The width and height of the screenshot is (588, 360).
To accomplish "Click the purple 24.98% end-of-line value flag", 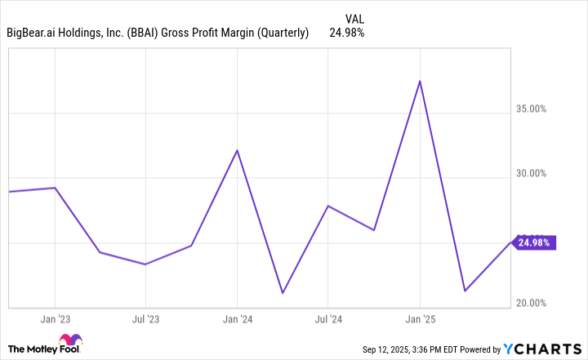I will point(535,242).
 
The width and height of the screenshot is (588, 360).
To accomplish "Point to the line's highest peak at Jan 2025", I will point(420,81).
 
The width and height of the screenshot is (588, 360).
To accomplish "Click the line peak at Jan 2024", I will point(237,150).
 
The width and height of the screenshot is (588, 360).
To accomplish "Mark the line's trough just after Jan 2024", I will point(283,293).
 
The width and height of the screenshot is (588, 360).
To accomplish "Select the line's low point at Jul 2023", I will point(145,264).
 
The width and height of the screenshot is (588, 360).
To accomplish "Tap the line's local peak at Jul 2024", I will point(327,206).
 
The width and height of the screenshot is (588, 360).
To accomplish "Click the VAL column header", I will point(354,16).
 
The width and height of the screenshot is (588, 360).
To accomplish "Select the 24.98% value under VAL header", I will point(346,33).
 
